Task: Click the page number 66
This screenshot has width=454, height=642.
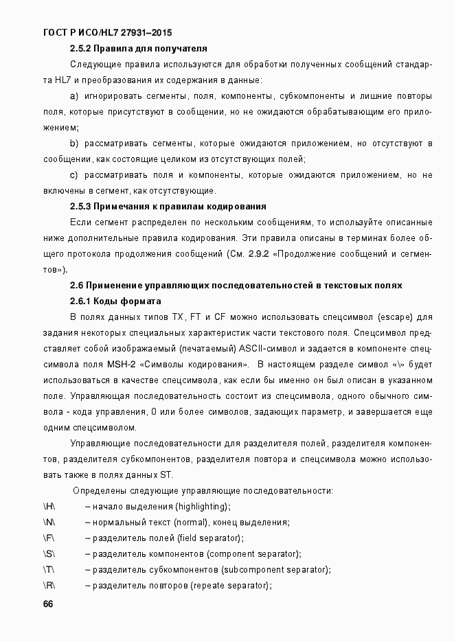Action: coord(47,604)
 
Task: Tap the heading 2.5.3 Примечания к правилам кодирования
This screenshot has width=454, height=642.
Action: coord(168,207)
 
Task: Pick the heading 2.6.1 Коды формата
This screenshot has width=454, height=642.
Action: coord(115,301)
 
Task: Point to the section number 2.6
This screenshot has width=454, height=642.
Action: coord(77,286)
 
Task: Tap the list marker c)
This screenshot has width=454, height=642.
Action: coord(74,175)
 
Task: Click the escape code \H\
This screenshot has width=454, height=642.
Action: coord(49,507)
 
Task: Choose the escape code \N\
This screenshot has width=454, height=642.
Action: coord(49,523)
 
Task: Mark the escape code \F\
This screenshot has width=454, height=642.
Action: coord(48,538)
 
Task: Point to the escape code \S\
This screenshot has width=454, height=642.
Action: coord(48,554)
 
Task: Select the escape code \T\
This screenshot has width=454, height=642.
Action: coord(48,570)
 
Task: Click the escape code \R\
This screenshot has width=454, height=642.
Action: coord(49,586)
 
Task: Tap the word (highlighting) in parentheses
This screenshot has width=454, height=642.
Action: coord(203,507)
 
